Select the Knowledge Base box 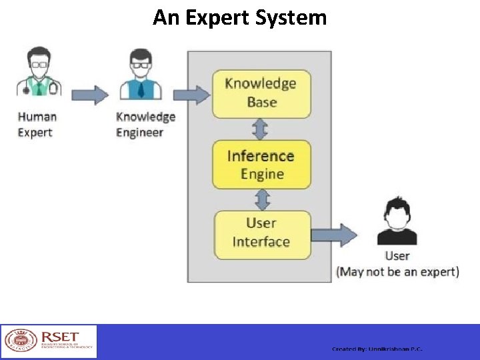coord(261,93)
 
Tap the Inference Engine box coord(261,165)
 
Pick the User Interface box coord(261,233)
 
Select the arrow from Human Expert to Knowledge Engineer coord(90,95)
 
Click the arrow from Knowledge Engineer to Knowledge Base coord(195,95)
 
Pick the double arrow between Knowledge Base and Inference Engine coord(261,129)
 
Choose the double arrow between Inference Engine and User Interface coord(263,199)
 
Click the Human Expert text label coord(37,125)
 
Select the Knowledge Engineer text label coord(145,125)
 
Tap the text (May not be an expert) coord(398,272)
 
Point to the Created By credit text coord(377,349)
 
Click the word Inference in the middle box coord(261,156)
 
